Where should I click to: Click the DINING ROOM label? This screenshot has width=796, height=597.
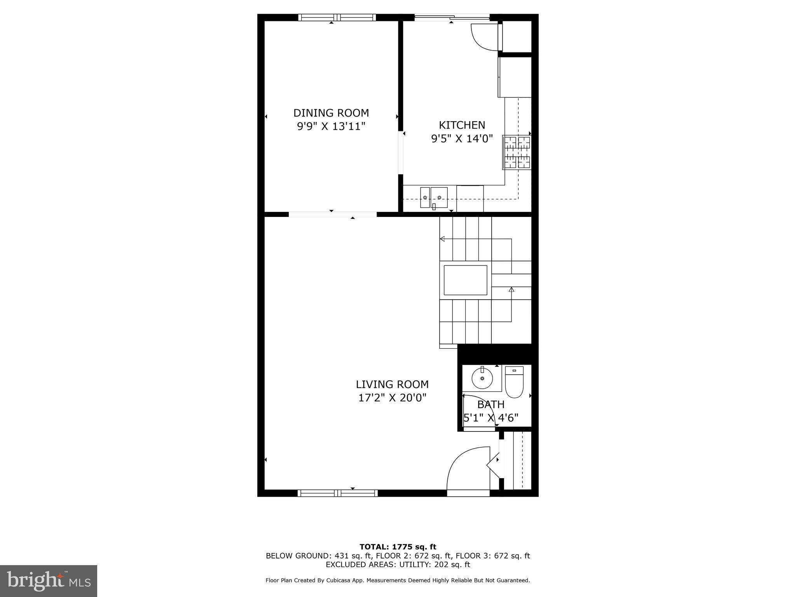[x=331, y=113]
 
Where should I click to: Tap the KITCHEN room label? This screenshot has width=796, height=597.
[x=462, y=125]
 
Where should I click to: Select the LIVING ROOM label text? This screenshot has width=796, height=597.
[x=392, y=384]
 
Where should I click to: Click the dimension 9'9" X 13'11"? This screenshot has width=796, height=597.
[x=331, y=127]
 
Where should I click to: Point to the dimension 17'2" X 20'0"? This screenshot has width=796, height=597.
[x=392, y=398]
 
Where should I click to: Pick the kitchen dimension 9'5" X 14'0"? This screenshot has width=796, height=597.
[x=462, y=139]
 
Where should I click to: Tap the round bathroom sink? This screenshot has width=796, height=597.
[x=482, y=378]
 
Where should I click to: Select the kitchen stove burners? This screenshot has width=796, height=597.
[x=517, y=152]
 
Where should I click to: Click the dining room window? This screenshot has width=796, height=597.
[x=337, y=17]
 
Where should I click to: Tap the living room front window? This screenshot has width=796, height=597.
[x=337, y=493]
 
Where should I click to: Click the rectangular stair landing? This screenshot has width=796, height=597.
[x=465, y=280]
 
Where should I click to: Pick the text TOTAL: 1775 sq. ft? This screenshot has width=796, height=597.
[x=398, y=547]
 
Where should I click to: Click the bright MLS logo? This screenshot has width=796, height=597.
[x=49, y=581]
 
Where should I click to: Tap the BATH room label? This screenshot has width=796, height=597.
[x=491, y=405]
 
